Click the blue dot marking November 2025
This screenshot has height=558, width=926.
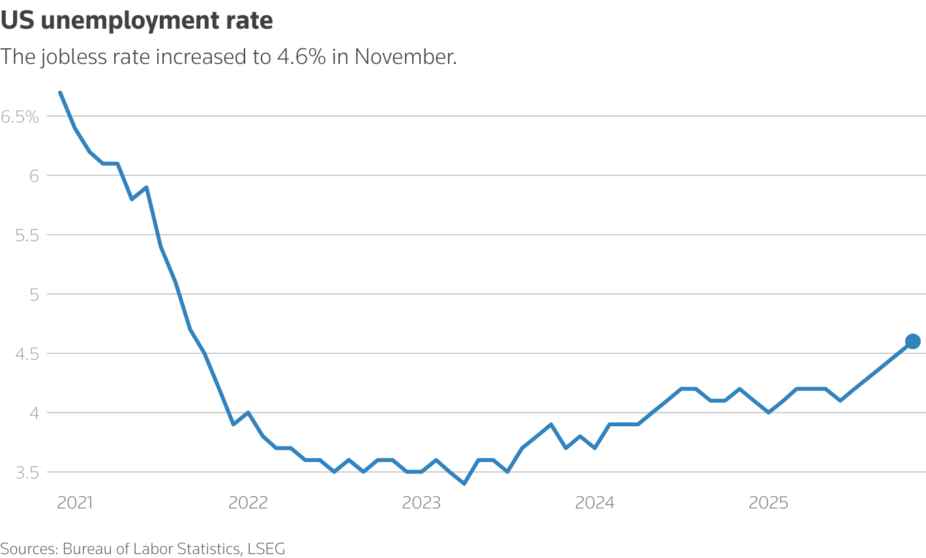(912, 342)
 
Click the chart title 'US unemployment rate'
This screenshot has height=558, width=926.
(137, 21)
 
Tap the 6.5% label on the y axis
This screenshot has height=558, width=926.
(20, 117)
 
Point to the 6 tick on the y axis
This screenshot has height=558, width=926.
(34, 176)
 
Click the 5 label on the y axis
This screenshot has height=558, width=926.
(34, 295)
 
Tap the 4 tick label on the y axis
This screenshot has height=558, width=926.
(34, 413)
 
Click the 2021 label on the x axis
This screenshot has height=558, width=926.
(75, 503)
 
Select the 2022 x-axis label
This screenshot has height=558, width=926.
(248, 503)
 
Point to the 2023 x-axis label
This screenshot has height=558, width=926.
(421, 503)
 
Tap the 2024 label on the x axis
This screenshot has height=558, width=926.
(595, 503)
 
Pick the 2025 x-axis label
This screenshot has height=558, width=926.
(768, 503)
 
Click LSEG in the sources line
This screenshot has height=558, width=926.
(266, 549)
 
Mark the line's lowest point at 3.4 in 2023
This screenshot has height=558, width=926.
(464, 484)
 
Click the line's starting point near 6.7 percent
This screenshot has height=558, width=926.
(61, 93)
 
